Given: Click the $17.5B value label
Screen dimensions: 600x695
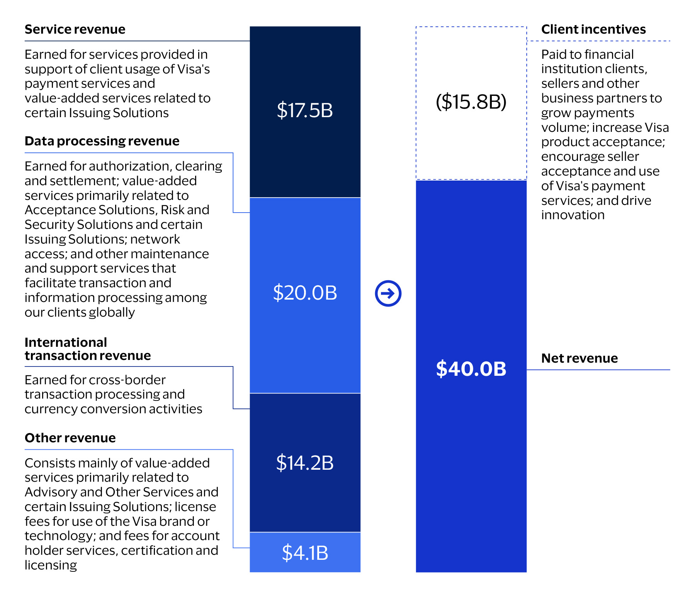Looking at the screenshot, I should coord(305,110).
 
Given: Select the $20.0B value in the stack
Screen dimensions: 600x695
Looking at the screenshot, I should coord(305,293).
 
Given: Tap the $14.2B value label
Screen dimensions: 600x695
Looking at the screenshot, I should coord(305,463).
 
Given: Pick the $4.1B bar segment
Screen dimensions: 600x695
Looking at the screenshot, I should coord(305,552).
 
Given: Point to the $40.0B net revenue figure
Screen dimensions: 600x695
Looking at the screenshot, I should coord(471,368).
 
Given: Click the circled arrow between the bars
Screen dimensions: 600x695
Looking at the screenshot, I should coord(388,293).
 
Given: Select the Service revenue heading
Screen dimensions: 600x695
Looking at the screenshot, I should coord(75,29).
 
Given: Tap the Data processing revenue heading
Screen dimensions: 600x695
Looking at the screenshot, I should coord(102,141).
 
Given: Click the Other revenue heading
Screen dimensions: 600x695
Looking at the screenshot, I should coord(70,438).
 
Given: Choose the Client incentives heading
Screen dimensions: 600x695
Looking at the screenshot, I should coord(593,29).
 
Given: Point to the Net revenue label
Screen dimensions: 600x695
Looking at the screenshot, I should coord(579,358).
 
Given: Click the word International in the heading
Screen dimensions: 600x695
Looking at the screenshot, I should coord(66,343).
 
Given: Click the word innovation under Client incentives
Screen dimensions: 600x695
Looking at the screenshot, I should coord(573,215).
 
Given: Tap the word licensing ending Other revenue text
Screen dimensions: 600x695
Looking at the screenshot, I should coord(51,565).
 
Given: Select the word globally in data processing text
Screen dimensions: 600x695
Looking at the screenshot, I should coord(112,312).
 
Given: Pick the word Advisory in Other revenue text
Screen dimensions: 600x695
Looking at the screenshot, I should coord(51,492).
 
